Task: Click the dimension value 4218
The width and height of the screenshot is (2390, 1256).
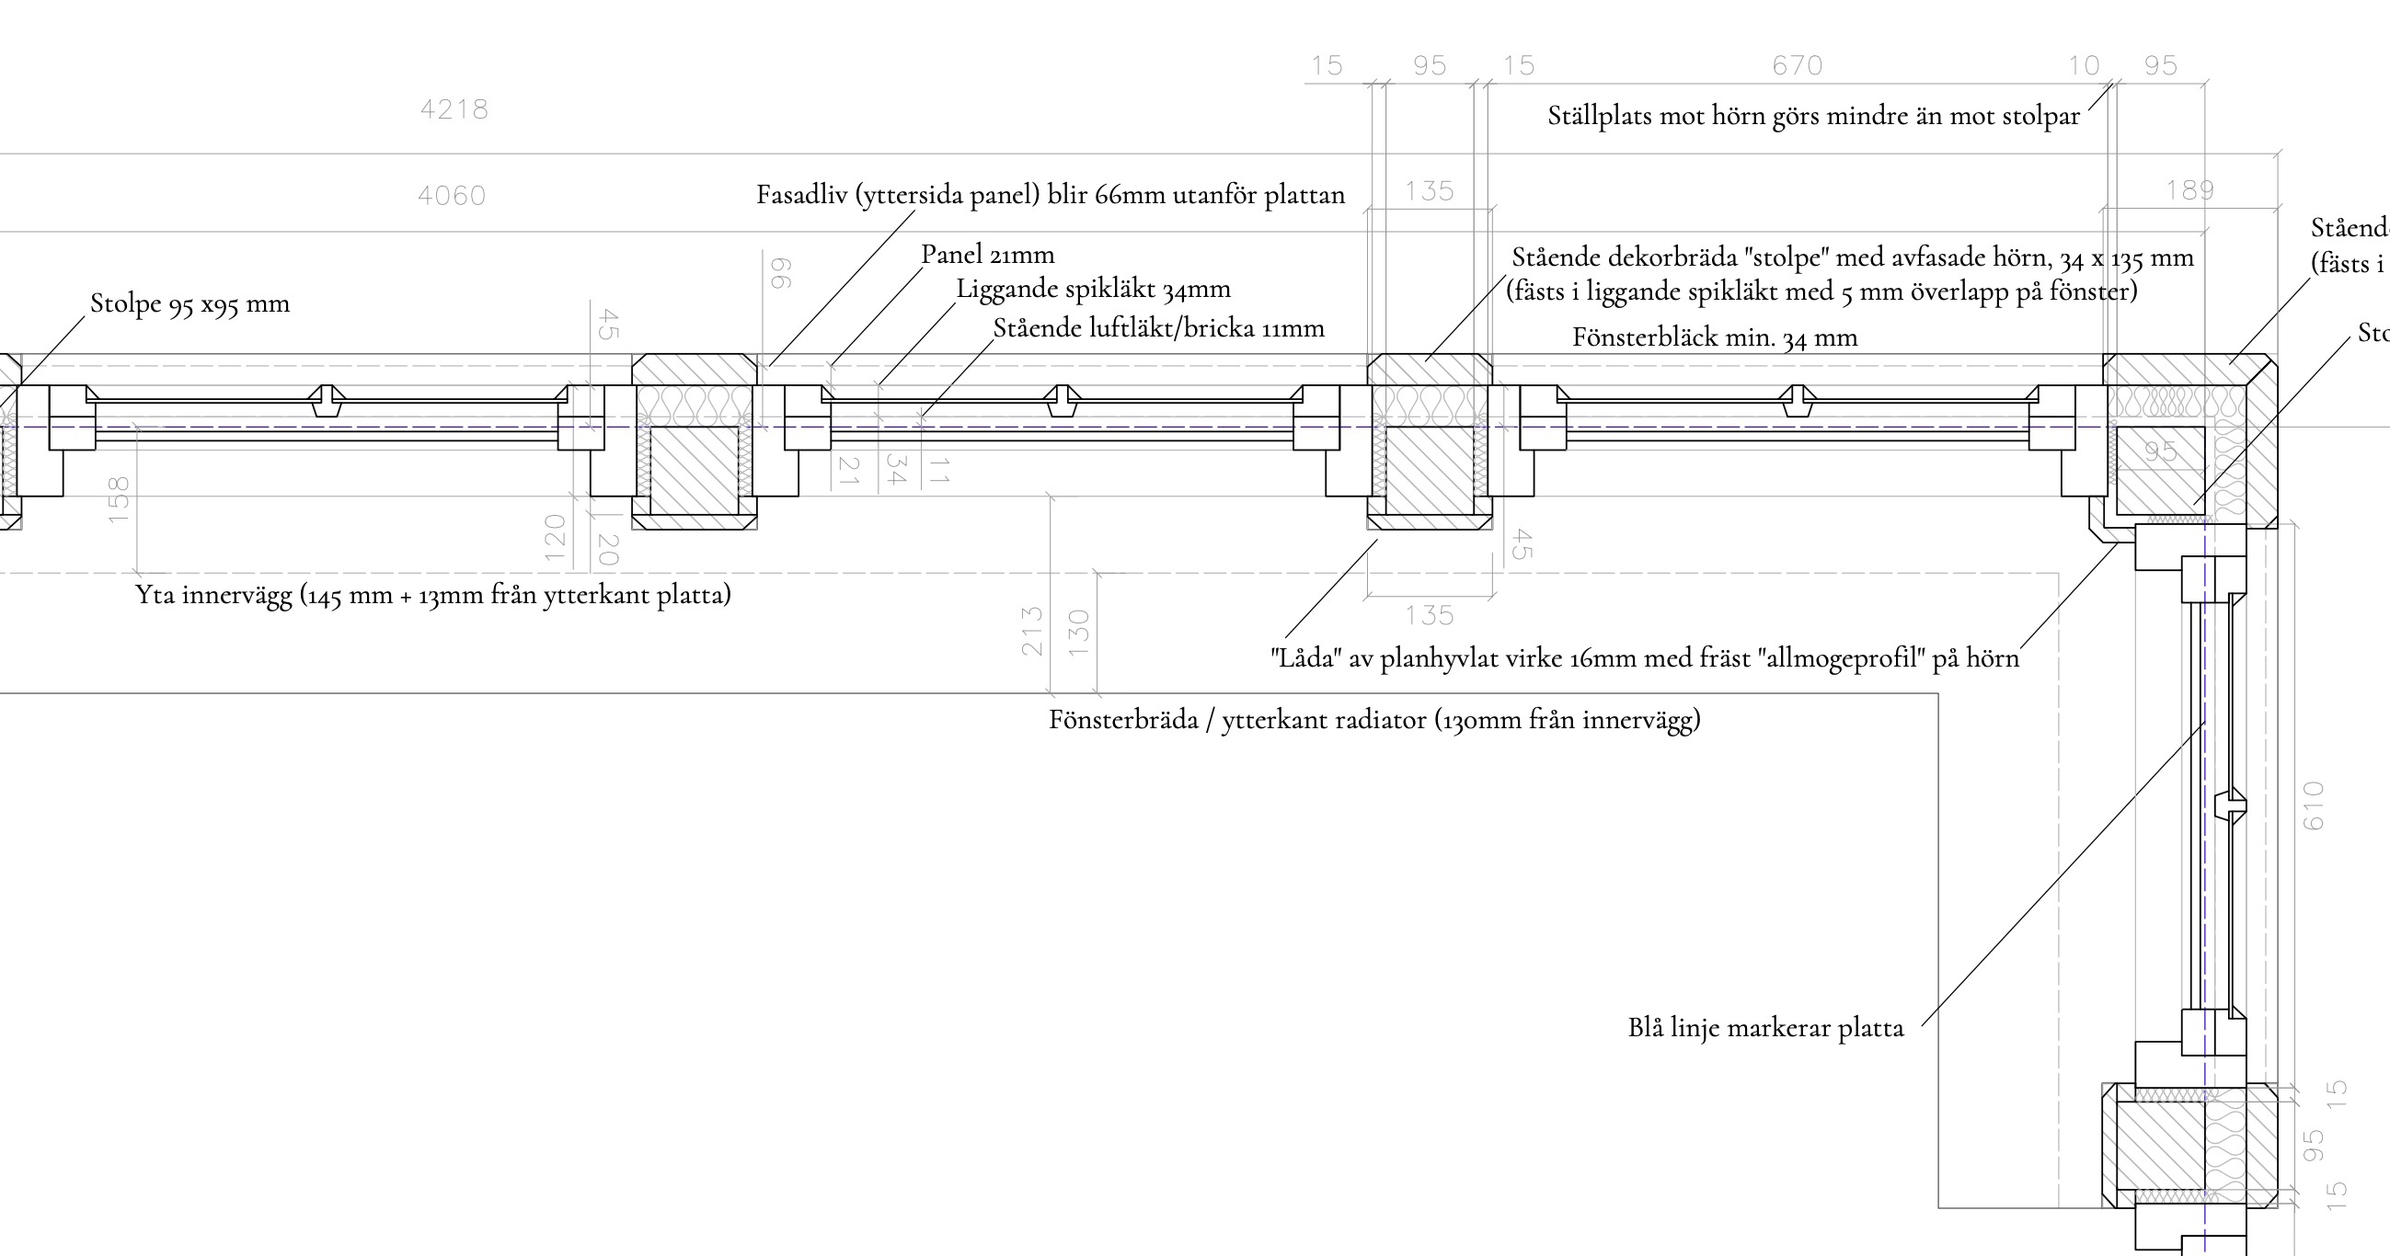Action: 454,109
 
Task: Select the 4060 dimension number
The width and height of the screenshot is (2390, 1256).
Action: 452,196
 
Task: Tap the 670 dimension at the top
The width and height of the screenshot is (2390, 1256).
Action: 1798,66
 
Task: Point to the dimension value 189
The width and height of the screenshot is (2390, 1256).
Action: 2189,191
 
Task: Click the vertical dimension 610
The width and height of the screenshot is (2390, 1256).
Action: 2313,805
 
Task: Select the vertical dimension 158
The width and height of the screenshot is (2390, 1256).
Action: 119,499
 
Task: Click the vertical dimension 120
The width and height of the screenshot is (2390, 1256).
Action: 555,538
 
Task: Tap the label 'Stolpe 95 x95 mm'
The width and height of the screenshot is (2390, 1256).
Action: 190,303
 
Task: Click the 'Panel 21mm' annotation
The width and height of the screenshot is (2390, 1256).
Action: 987,254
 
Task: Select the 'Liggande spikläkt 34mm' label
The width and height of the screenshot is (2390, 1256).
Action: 1093,290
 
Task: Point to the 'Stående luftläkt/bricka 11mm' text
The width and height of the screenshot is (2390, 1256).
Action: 1158,328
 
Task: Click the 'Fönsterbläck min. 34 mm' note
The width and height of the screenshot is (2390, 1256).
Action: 1715,337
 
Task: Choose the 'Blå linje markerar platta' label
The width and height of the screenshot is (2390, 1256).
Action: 1765,1028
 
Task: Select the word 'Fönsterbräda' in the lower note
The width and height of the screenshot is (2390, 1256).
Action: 1123,720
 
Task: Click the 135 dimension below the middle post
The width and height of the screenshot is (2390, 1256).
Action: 1429,616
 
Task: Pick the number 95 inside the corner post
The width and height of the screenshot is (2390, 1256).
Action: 2160,452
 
